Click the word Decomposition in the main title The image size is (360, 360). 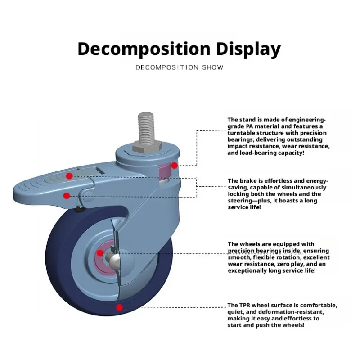(144, 49)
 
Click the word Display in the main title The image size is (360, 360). (248, 49)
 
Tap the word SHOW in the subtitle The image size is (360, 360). (212, 67)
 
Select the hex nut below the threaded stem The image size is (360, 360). (147, 147)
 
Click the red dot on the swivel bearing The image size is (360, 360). (174, 165)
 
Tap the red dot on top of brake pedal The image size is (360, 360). (69, 176)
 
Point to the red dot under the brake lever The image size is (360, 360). (67, 196)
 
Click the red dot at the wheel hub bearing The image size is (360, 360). (100, 253)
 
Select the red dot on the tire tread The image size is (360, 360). (119, 307)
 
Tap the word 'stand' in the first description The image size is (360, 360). (248, 120)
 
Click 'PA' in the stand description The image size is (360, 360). (250, 126)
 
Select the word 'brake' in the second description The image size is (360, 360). (248, 181)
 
